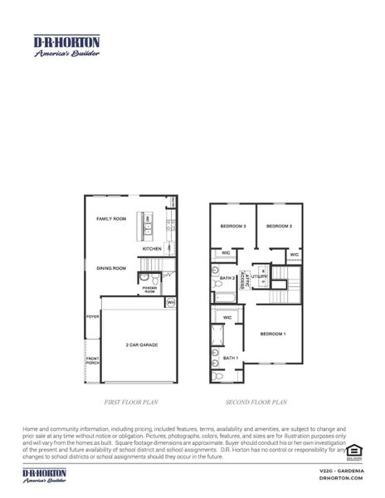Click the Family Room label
coord(112,219)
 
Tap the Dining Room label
coord(110,268)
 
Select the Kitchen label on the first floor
coord(152,249)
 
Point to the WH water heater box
coord(171,303)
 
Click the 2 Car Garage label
coord(142,344)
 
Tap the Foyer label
coord(92,317)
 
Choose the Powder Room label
coord(149,290)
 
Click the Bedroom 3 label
coord(232,226)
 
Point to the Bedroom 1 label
coord(273,334)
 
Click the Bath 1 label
coord(230,358)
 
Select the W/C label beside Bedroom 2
coord(294,255)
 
